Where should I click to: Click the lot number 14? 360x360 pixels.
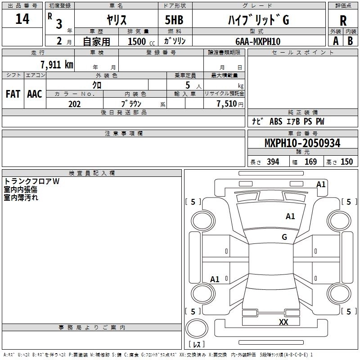click(22, 19)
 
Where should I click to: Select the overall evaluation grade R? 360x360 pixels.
click(343, 21)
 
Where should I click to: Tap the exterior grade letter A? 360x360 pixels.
click(335, 41)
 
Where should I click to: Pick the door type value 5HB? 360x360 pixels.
click(174, 20)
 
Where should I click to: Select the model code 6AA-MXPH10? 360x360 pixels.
click(258, 41)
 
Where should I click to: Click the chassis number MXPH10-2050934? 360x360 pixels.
click(302, 143)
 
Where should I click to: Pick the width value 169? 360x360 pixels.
click(310, 162)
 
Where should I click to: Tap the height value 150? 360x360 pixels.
click(346, 162)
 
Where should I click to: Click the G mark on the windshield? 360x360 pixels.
click(284, 237)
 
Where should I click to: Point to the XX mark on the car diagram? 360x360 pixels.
click(283, 322)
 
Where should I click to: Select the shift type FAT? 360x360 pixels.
click(13, 94)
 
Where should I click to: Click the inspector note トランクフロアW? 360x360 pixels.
click(31, 182)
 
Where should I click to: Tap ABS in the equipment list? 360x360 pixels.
click(275, 121)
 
